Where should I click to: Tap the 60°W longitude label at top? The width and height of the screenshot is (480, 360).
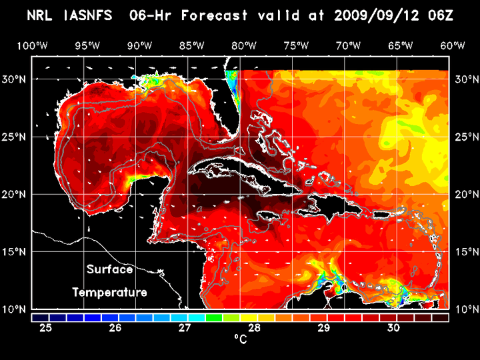(453, 45)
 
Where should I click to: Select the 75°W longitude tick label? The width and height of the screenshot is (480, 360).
(296, 45)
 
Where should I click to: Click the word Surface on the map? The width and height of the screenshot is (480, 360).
(109, 270)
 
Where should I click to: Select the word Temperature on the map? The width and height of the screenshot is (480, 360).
(109, 292)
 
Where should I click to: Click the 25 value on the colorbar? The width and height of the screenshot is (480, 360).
(46, 328)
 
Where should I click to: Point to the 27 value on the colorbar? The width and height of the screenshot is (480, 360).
(185, 328)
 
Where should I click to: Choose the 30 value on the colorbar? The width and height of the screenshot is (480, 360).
(393, 328)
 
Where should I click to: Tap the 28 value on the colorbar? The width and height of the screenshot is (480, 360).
(254, 328)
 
